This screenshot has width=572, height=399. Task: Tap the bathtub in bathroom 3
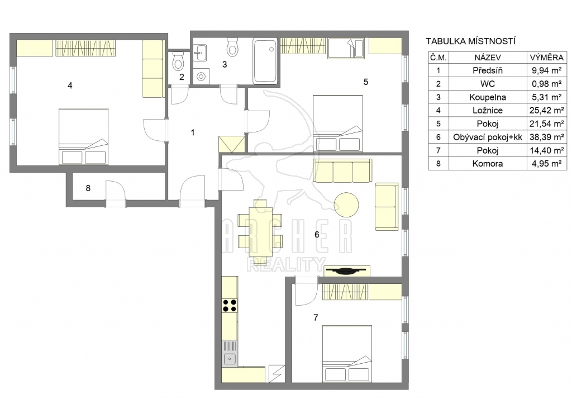click(x=265, y=61)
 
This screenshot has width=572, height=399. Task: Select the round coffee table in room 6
click(x=346, y=205)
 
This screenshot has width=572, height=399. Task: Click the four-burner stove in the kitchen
click(x=230, y=306)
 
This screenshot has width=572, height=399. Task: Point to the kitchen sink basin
click(x=230, y=359)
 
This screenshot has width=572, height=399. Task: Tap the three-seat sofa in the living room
click(x=342, y=170)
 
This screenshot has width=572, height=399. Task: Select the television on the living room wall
click(x=346, y=270)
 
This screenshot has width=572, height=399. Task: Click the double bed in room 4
click(x=84, y=136)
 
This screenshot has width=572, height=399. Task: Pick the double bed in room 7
click(x=347, y=354)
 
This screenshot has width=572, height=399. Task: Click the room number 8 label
click(x=88, y=188)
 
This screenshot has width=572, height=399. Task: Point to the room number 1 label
click(x=193, y=132)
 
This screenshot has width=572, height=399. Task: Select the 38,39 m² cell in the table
click(x=547, y=137)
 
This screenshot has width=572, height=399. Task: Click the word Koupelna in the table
click(x=487, y=97)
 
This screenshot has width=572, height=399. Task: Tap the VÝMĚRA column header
click(x=547, y=58)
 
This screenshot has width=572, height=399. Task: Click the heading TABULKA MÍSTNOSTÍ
click(x=470, y=41)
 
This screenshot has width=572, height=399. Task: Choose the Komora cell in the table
click(x=487, y=164)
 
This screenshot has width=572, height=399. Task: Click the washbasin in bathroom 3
click(x=200, y=53)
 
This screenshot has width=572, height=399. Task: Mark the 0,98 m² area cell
click(x=547, y=84)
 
